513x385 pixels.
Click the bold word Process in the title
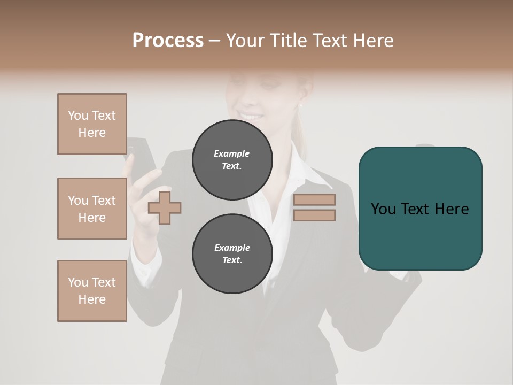tap(168, 40)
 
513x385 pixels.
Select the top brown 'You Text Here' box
tap(92, 124)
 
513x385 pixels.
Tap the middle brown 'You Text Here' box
tap(92, 209)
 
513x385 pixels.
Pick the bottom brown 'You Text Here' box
tap(92, 291)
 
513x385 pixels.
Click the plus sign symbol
tap(164, 207)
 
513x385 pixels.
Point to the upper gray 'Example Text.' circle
tap(232, 160)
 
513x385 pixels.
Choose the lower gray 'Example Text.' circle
tap(232, 254)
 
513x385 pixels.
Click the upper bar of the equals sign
tap(314, 200)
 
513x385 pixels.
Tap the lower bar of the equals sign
tap(314, 215)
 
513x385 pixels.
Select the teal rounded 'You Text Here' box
tap(420, 209)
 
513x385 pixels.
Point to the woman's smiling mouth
tap(250, 115)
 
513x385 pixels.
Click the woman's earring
tap(301, 105)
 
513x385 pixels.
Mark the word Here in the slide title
tap(374, 41)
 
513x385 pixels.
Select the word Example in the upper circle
tap(232, 153)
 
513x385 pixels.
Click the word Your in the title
tap(244, 41)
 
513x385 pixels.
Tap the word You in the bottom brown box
tap(78, 282)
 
